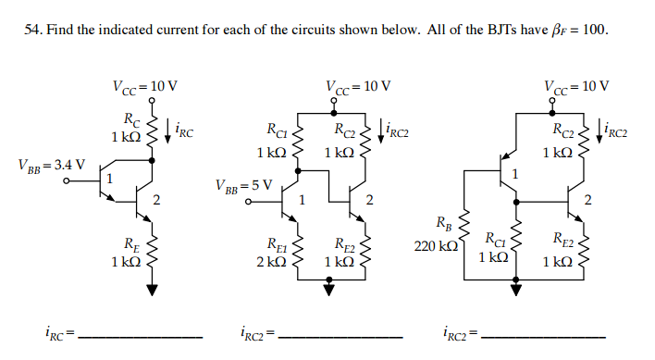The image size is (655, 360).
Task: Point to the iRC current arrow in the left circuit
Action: (168, 132)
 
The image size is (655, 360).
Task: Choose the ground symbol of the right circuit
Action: (515, 289)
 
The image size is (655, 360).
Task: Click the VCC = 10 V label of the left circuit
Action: (145, 86)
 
